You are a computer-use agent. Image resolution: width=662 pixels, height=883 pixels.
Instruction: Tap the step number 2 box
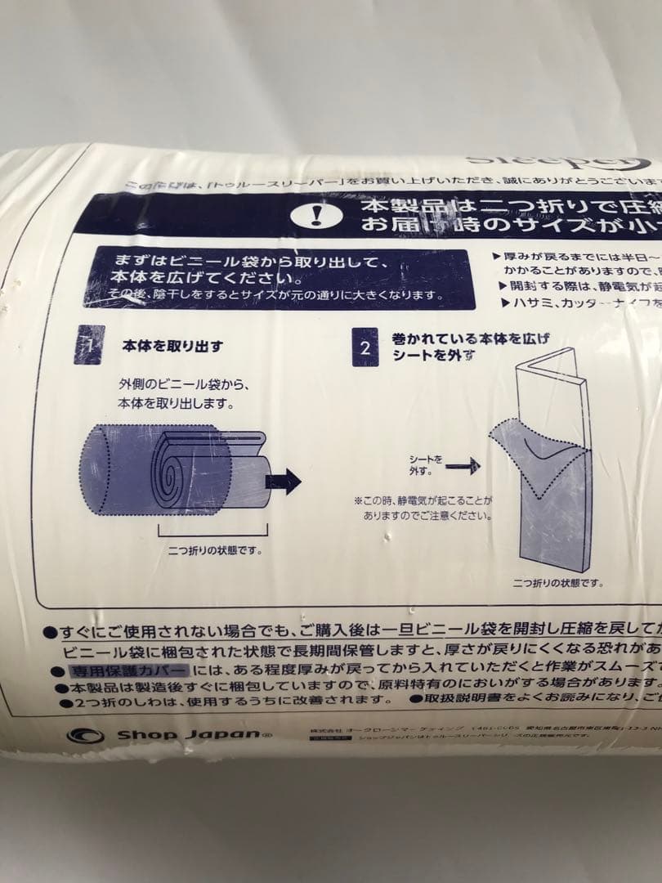coord(365,347)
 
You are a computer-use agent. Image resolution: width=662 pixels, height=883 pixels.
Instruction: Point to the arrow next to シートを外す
coord(463,466)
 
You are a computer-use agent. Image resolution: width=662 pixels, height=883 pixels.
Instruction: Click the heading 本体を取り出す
coord(172,346)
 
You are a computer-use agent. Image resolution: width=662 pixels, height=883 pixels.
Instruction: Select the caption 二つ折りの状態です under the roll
coord(215,550)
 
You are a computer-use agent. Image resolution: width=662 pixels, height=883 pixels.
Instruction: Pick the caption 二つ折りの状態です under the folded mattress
coord(557,583)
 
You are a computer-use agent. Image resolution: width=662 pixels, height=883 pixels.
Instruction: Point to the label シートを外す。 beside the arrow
coord(425,465)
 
